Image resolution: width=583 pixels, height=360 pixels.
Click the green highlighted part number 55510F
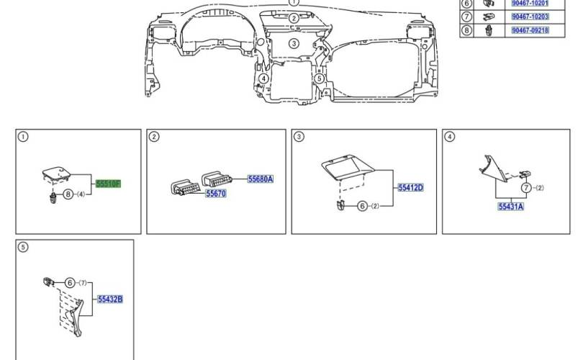(x=108, y=184)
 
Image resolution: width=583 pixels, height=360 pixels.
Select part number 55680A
(x=261, y=179)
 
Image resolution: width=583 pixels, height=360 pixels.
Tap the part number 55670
(x=216, y=194)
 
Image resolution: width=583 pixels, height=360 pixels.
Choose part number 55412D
(x=410, y=187)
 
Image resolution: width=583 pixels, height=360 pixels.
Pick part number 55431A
(x=511, y=207)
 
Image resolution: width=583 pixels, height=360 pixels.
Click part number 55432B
(x=110, y=299)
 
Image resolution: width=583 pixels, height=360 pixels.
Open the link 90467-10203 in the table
(x=530, y=17)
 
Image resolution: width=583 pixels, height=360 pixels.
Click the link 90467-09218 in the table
(x=530, y=30)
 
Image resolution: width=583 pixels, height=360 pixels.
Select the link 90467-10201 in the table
(x=530, y=3)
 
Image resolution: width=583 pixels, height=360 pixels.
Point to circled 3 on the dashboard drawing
(x=294, y=43)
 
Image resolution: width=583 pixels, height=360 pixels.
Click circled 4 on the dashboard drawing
(x=263, y=78)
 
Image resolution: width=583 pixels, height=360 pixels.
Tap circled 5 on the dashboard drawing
(x=319, y=78)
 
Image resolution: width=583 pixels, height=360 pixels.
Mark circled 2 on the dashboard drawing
(x=294, y=18)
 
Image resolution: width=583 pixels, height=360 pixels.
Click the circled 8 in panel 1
(x=68, y=194)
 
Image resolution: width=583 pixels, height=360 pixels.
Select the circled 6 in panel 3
(x=362, y=206)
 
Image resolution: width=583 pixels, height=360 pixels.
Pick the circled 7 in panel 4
(x=525, y=188)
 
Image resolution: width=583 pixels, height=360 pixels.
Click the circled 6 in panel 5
(x=70, y=283)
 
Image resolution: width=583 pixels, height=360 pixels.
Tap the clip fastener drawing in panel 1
(x=53, y=197)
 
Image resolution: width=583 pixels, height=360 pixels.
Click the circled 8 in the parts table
(x=466, y=30)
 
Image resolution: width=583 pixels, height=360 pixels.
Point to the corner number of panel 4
(x=450, y=137)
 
